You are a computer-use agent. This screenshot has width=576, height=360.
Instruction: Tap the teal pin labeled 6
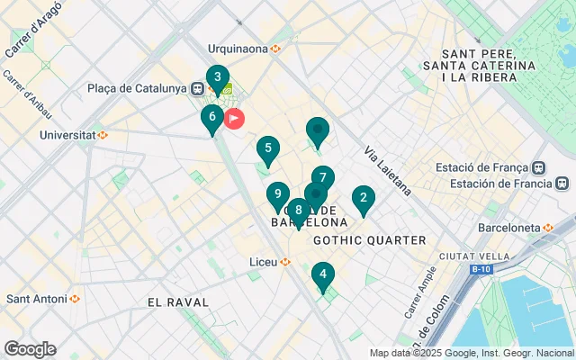click(x=211, y=117)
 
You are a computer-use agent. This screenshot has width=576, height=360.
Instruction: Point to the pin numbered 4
click(x=323, y=274)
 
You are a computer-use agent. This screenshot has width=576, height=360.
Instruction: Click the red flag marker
click(x=234, y=118)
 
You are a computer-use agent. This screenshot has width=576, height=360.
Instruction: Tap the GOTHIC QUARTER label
click(x=369, y=240)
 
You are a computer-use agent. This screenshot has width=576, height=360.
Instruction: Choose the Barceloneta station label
click(x=517, y=227)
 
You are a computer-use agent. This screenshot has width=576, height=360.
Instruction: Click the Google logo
click(x=30, y=349)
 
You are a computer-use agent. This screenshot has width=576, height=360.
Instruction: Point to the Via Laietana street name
click(x=388, y=171)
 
